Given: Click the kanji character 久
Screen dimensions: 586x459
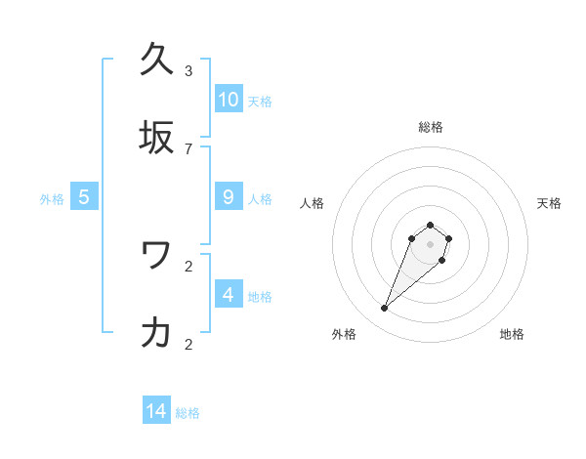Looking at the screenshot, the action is [x=156, y=60].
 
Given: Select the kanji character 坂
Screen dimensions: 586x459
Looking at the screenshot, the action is [x=156, y=138].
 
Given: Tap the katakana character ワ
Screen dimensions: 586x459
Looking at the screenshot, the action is [x=156, y=255].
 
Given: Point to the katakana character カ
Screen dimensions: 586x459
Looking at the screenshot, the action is [x=156, y=333].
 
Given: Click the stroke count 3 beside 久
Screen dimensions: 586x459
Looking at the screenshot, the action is [x=188, y=71].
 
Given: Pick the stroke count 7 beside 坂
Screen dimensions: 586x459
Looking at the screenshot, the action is [x=188, y=149].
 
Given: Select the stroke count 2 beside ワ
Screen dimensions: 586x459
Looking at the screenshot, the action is [x=188, y=266].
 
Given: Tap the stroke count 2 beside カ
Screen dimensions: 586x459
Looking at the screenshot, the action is [x=188, y=344].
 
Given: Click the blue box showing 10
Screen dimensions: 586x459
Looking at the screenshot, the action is [x=229, y=100].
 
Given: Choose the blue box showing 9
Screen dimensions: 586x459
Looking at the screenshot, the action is [x=229, y=197].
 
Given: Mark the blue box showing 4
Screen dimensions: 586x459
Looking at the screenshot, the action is [x=229, y=294].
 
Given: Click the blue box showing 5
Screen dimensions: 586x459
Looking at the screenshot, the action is [x=84, y=197].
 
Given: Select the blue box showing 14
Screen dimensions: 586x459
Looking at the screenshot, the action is [x=156, y=411].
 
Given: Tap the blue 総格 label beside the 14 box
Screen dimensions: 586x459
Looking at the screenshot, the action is [x=188, y=413].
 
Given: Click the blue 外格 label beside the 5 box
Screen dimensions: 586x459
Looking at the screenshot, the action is [x=52, y=199].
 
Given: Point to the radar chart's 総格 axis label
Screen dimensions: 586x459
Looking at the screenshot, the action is [x=431, y=127].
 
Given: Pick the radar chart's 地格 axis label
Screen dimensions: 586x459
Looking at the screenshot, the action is [x=512, y=334].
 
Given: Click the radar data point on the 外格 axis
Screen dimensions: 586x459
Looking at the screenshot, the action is [x=385, y=309].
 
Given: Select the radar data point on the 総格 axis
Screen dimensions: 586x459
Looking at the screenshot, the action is [x=430, y=223].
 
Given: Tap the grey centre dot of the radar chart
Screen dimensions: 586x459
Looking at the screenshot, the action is [x=430, y=244].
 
